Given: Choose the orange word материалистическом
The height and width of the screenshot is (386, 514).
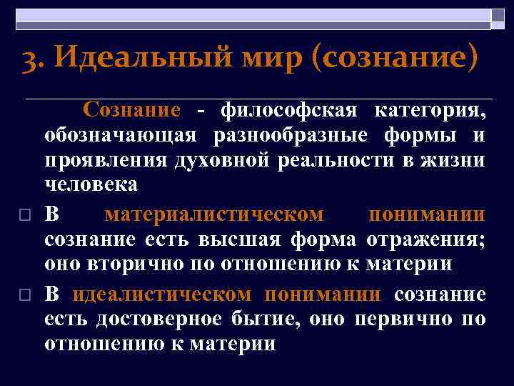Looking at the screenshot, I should pyautogui.click(x=214, y=214).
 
